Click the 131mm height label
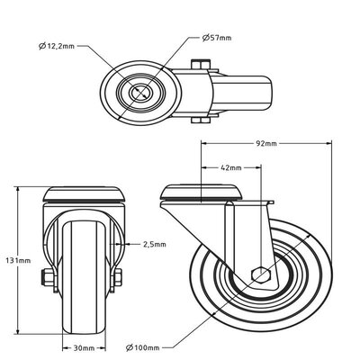[11, 259]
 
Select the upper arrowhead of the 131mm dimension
[19, 190]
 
